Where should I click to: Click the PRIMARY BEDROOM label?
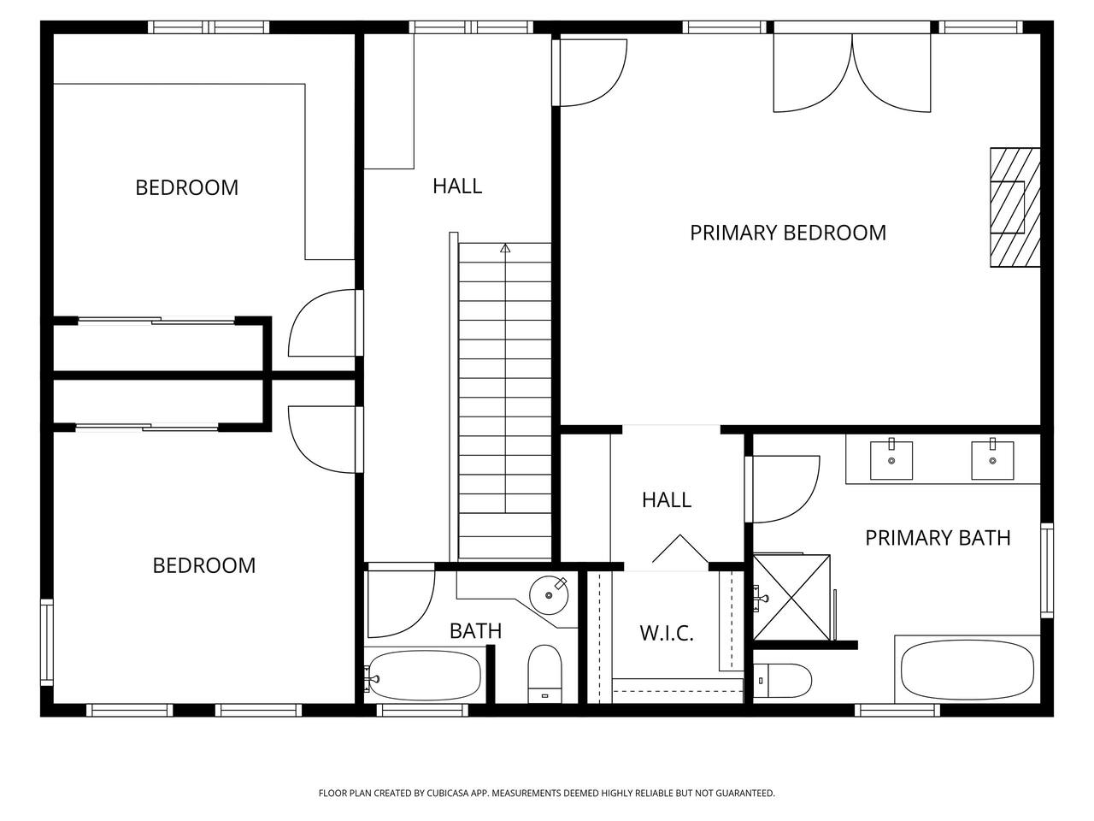[x=787, y=233]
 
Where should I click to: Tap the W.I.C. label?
[x=667, y=633]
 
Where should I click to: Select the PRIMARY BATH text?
[x=938, y=538]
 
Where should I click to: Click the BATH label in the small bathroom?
[x=475, y=631]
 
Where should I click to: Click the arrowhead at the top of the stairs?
[x=505, y=248]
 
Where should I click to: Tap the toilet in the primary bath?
[x=781, y=681]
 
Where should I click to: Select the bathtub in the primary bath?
[x=968, y=670]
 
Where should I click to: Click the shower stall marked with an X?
[x=791, y=597]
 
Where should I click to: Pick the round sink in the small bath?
[x=549, y=595]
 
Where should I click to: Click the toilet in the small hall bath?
[x=544, y=674]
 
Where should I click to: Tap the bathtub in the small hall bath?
[x=424, y=676]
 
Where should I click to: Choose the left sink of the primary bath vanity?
[x=891, y=460]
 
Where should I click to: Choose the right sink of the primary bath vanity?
[x=992, y=460]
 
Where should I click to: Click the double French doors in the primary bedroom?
[x=852, y=73]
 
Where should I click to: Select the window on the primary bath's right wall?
[x=1047, y=570]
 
